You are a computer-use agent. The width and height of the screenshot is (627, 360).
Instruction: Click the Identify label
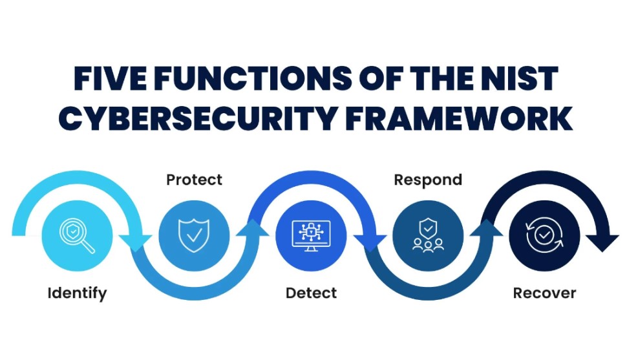[x=77, y=293]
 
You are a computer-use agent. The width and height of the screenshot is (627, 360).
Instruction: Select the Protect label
[x=194, y=179]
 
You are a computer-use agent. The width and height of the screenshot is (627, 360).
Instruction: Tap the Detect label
[x=311, y=293]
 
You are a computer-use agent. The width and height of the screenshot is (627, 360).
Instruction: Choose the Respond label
[x=428, y=179]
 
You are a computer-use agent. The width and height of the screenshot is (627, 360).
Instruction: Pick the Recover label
[x=544, y=293]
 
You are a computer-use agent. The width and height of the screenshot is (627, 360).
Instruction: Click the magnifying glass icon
[x=77, y=236]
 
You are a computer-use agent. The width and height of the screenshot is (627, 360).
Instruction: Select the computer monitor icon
[x=311, y=235]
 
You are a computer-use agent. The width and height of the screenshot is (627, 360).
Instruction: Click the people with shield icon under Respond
[x=428, y=235]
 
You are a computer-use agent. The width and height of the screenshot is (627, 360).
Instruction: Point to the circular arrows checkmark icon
[x=544, y=236]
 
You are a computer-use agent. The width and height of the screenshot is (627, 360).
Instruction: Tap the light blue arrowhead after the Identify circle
[x=136, y=240]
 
